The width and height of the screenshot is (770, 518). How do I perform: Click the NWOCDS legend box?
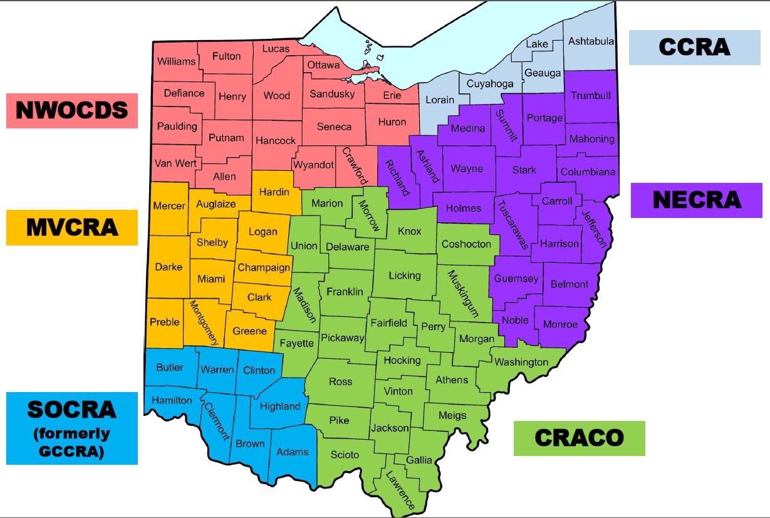(x=71, y=110)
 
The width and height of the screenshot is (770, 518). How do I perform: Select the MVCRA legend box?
(x=71, y=227)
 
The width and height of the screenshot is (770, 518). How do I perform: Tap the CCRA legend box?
(x=694, y=47)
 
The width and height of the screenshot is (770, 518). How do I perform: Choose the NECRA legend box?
(x=696, y=200)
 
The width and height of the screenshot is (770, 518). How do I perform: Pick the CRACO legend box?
(x=579, y=438)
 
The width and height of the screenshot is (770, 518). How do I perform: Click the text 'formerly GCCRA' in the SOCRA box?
(x=71, y=442)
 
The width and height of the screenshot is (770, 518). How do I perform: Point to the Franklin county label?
(x=345, y=292)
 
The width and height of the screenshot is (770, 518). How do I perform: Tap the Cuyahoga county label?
(x=490, y=83)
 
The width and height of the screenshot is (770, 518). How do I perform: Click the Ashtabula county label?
(x=591, y=41)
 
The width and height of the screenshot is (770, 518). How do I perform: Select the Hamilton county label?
(x=171, y=400)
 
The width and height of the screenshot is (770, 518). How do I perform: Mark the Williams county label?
(x=176, y=61)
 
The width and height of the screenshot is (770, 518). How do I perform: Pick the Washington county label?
(x=521, y=362)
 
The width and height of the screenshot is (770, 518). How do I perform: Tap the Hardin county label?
(x=274, y=192)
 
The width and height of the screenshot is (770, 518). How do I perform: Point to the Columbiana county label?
(x=588, y=172)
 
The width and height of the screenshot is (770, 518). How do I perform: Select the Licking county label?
(x=404, y=276)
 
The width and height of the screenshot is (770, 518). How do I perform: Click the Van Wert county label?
(x=175, y=163)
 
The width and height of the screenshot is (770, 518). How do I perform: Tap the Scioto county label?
(x=345, y=454)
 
